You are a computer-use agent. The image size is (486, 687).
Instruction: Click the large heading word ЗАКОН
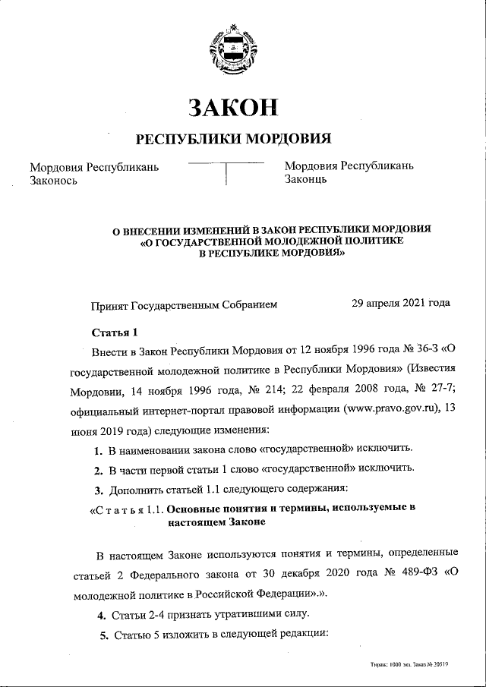click(234, 109)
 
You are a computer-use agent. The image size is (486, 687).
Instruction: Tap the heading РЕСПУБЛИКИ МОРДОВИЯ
click(234, 139)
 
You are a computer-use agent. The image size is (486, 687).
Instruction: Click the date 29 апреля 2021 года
click(401, 303)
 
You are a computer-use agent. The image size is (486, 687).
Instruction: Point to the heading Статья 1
click(115, 332)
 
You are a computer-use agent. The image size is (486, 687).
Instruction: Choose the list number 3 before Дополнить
click(98, 488)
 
